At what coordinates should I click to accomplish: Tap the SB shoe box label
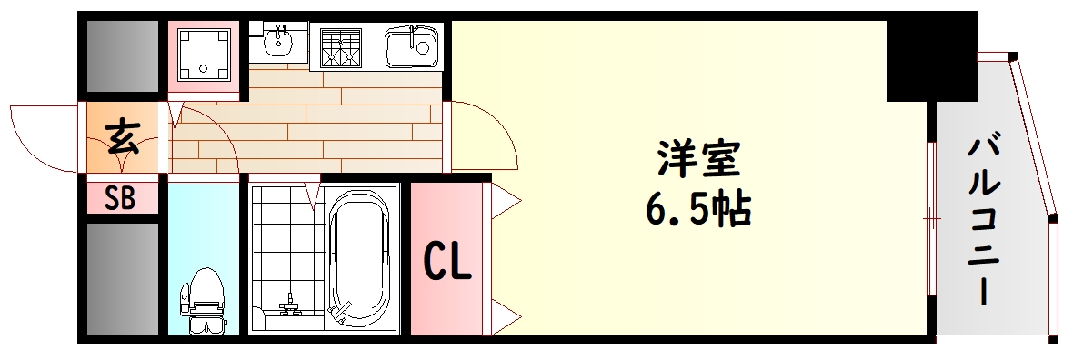coord(121,198)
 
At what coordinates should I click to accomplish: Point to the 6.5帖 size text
coord(698,210)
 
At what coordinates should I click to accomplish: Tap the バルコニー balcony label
coord(985,218)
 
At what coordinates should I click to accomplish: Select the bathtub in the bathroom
coord(361,259)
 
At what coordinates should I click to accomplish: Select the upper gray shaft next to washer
coord(123,55)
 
